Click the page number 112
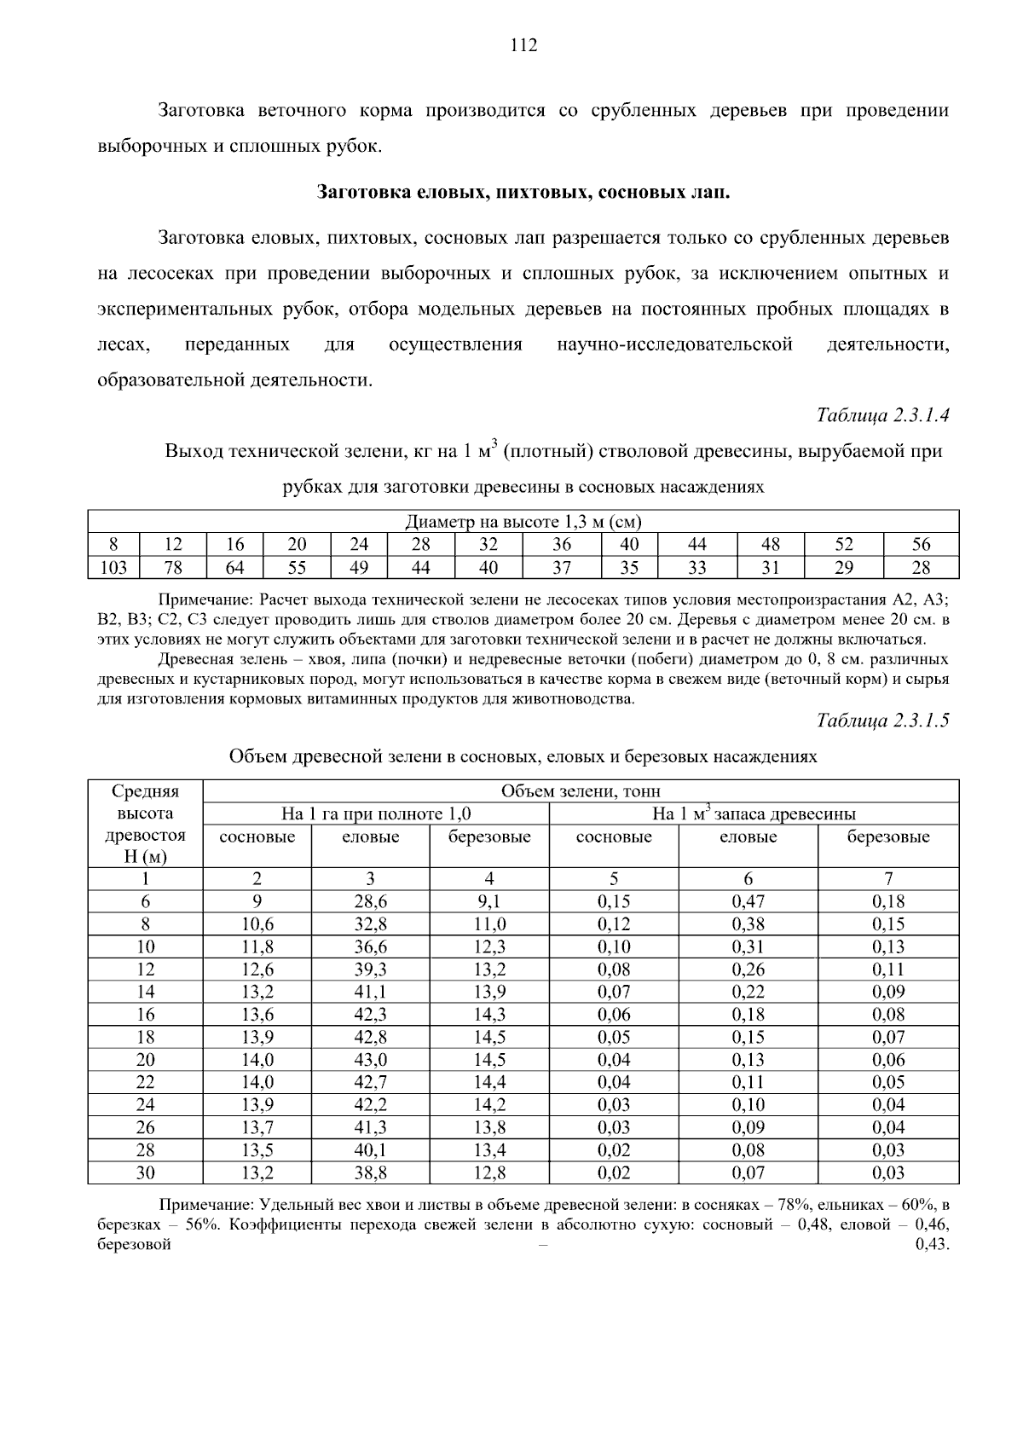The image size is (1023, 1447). [x=523, y=46]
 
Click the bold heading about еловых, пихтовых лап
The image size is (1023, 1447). [x=523, y=192]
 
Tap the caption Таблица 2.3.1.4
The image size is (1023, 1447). [x=882, y=415]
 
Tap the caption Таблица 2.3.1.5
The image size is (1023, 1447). [x=882, y=721]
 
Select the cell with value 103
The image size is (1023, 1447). [x=114, y=568]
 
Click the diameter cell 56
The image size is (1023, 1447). [x=921, y=545]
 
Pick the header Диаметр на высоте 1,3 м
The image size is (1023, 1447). [x=523, y=522]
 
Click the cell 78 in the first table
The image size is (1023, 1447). [x=173, y=568]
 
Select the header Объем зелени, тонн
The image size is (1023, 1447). [x=581, y=791]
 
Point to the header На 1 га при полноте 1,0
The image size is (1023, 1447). [x=376, y=813]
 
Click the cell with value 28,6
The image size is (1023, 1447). [x=370, y=901]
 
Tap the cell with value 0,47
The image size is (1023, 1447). [x=748, y=901]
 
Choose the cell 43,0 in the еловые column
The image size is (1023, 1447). [x=370, y=1060]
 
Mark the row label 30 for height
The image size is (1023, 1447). [x=146, y=1172]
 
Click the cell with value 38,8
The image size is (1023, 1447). [x=370, y=1172]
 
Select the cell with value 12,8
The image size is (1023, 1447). [x=489, y=1172]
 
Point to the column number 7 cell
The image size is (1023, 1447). [x=888, y=879]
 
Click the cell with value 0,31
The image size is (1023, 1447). [x=748, y=946]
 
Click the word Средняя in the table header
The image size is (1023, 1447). [x=146, y=791]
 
